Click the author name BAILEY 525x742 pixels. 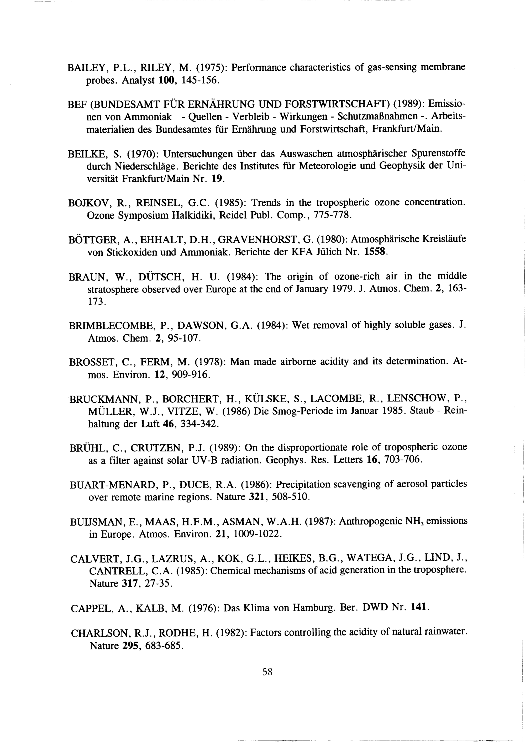pos(85,68)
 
